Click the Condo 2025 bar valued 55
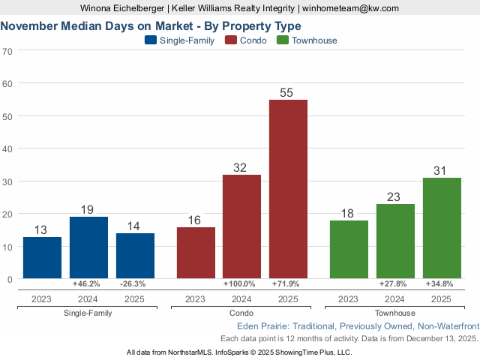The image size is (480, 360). [x=288, y=189]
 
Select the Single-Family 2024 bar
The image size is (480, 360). [x=88, y=247]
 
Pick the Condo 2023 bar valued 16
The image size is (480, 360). [x=196, y=253]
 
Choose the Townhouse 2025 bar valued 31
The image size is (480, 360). [x=442, y=228]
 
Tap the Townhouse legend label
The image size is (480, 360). [x=315, y=40]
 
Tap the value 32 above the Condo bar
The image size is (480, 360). [x=241, y=168]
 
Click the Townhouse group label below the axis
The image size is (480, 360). [x=394, y=313]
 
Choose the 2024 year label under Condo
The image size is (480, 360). [x=241, y=298]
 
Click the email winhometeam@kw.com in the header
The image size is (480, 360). [x=350, y=8]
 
